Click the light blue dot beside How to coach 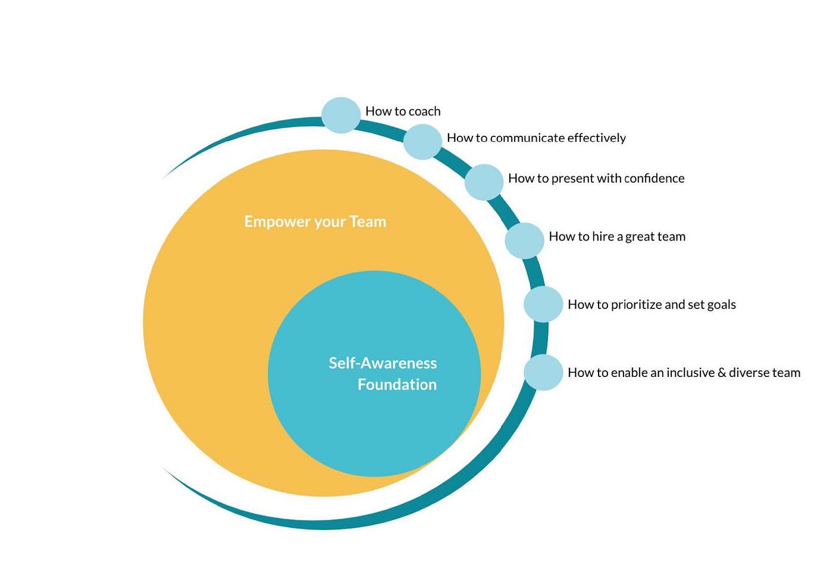click(x=341, y=115)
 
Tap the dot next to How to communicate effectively click(x=422, y=142)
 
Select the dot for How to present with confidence click(x=484, y=182)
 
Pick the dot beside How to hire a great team click(x=524, y=241)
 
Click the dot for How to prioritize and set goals click(x=543, y=304)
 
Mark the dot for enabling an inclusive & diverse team click(x=543, y=373)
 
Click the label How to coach click(x=403, y=111)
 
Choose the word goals click(x=721, y=305)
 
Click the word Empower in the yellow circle click(x=277, y=222)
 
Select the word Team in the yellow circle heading click(x=368, y=222)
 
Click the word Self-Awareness click(x=383, y=363)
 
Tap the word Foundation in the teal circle click(x=397, y=385)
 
